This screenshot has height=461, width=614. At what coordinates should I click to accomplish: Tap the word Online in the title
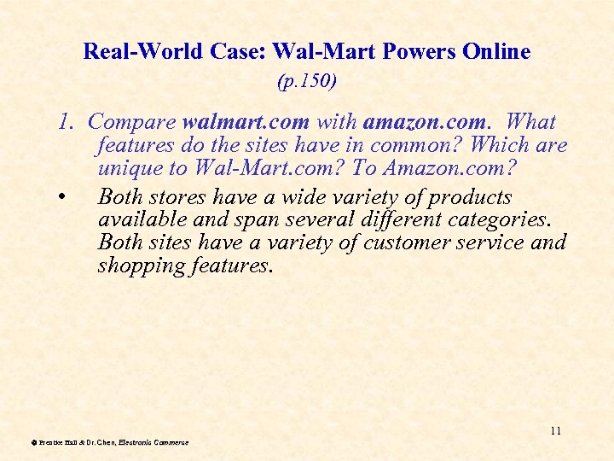pos(496,51)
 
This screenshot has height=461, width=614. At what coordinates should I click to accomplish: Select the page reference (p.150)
pos(307,82)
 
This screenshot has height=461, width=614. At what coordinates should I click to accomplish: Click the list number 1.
pos(66,122)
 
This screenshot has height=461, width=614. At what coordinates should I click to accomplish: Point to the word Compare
pos(132,122)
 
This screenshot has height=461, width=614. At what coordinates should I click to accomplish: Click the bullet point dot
pos(64,198)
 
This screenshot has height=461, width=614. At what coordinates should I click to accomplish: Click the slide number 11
pos(555,430)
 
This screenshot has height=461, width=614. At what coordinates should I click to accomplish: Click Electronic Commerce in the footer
pos(160,442)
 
